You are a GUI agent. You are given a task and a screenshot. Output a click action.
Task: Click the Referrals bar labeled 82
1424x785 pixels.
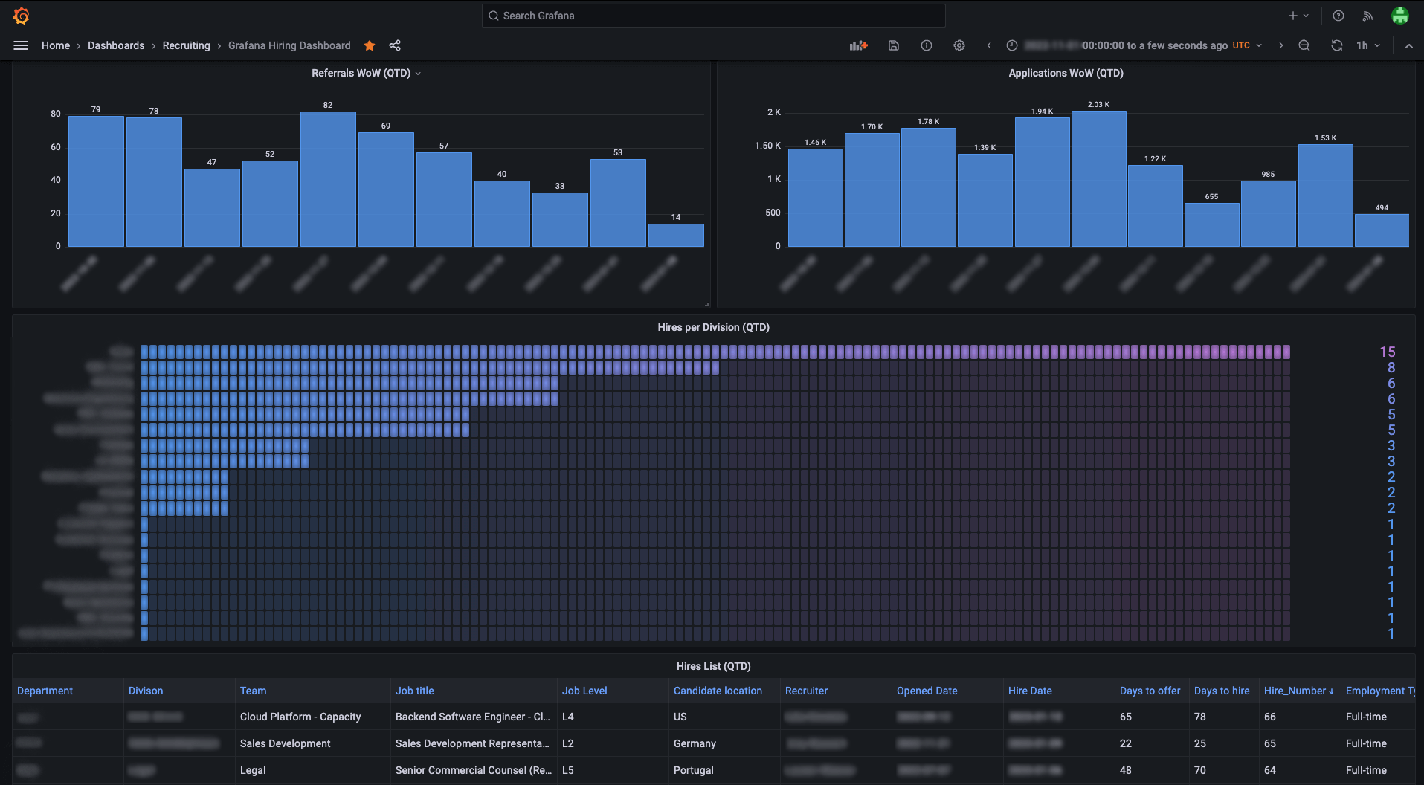328,179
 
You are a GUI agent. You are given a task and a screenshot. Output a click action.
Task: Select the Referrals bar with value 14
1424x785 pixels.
676,235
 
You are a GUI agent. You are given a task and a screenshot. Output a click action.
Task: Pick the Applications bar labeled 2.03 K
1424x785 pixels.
1098,179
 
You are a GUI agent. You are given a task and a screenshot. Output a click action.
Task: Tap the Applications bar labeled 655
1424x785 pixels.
1211,224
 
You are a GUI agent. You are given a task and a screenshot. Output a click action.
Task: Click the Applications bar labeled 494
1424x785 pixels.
1382,230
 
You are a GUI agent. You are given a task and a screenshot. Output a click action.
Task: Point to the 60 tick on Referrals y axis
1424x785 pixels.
56,147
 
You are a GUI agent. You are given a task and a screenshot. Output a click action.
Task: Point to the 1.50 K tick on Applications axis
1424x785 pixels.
767,146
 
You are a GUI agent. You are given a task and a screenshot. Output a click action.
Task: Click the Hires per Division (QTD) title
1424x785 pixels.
713,327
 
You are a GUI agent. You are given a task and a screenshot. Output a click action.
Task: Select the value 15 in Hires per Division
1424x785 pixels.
1387,352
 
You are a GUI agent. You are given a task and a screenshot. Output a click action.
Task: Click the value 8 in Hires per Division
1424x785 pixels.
1391,367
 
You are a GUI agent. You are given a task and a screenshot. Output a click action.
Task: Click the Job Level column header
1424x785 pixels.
584,691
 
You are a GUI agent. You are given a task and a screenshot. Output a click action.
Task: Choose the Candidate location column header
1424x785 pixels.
718,691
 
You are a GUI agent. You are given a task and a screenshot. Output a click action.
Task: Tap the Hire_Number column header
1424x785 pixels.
1295,691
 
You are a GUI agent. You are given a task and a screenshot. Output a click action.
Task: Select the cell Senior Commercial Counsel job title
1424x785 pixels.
473,770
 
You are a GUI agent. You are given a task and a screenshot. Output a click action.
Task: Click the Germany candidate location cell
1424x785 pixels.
695,743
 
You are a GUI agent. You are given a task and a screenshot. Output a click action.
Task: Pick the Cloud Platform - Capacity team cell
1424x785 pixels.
300,717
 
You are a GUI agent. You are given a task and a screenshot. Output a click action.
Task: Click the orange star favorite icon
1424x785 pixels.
370,45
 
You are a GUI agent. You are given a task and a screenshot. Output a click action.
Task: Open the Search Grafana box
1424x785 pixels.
713,16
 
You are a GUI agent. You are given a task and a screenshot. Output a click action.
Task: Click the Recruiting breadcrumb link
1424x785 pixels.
186,45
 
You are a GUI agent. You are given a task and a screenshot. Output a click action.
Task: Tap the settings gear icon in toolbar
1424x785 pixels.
959,45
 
